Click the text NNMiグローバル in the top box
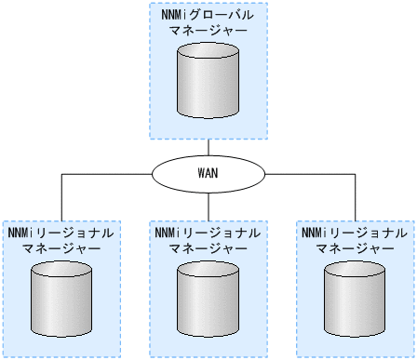(x=208, y=15)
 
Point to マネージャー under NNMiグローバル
(x=208, y=31)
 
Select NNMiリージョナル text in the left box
(x=62, y=232)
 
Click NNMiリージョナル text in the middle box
(x=208, y=232)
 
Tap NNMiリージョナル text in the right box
(x=355, y=232)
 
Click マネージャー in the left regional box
(x=62, y=247)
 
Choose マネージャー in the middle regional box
(x=208, y=247)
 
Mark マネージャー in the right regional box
(x=355, y=247)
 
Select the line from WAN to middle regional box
(x=208, y=206)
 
